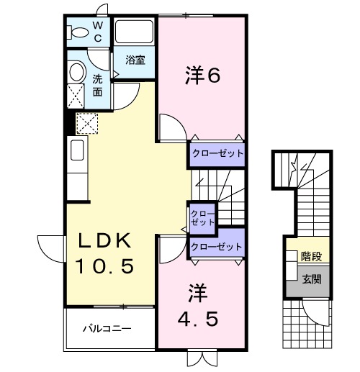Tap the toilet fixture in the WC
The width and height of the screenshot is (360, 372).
(x=76, y=32)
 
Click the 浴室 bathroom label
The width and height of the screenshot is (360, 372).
(x=135, y=60)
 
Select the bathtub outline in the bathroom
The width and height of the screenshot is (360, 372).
(x=135, y=33)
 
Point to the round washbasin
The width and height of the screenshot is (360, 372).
(x=76, y=73)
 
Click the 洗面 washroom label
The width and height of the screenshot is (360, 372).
(x=98, y=86)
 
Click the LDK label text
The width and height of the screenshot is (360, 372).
(x=106, y=240)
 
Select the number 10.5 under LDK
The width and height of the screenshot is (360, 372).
(x=106, y=267)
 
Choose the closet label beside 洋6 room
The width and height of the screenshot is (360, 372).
(x=217, y=153)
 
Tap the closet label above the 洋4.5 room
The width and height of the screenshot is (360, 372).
(x=217, y=246)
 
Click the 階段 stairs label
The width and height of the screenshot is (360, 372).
(x=311, y=255)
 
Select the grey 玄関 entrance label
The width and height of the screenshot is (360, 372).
(x=311, y=278)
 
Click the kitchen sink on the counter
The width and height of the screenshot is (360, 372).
(x=78, y=153)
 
